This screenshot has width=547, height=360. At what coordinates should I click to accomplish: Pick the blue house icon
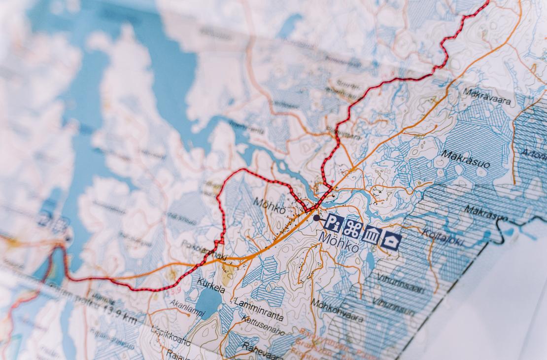pos(391,241)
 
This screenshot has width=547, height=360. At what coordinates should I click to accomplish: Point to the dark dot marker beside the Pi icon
pos(316,217)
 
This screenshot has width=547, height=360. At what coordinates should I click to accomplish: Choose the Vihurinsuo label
pos(393,306)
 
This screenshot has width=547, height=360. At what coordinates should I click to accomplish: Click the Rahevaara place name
pos(256,348)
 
